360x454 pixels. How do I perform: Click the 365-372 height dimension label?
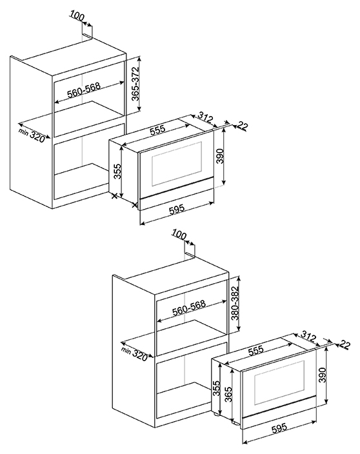pos(135,84)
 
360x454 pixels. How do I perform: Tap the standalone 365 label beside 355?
pos(229,395)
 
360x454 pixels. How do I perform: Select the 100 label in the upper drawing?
pos(77,17)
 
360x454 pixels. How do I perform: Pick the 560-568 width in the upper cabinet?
pos(84,90)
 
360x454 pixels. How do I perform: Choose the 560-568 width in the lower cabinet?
pos(189,308)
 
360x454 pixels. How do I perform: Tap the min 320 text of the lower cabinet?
pos(135,353)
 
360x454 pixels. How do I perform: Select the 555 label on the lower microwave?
pos(256,350)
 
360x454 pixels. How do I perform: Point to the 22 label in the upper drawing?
pos(243,126)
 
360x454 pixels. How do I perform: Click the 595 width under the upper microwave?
pos(177,208)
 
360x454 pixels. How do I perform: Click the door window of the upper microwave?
pos(176,164)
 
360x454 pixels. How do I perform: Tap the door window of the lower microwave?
pos(279,383)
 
